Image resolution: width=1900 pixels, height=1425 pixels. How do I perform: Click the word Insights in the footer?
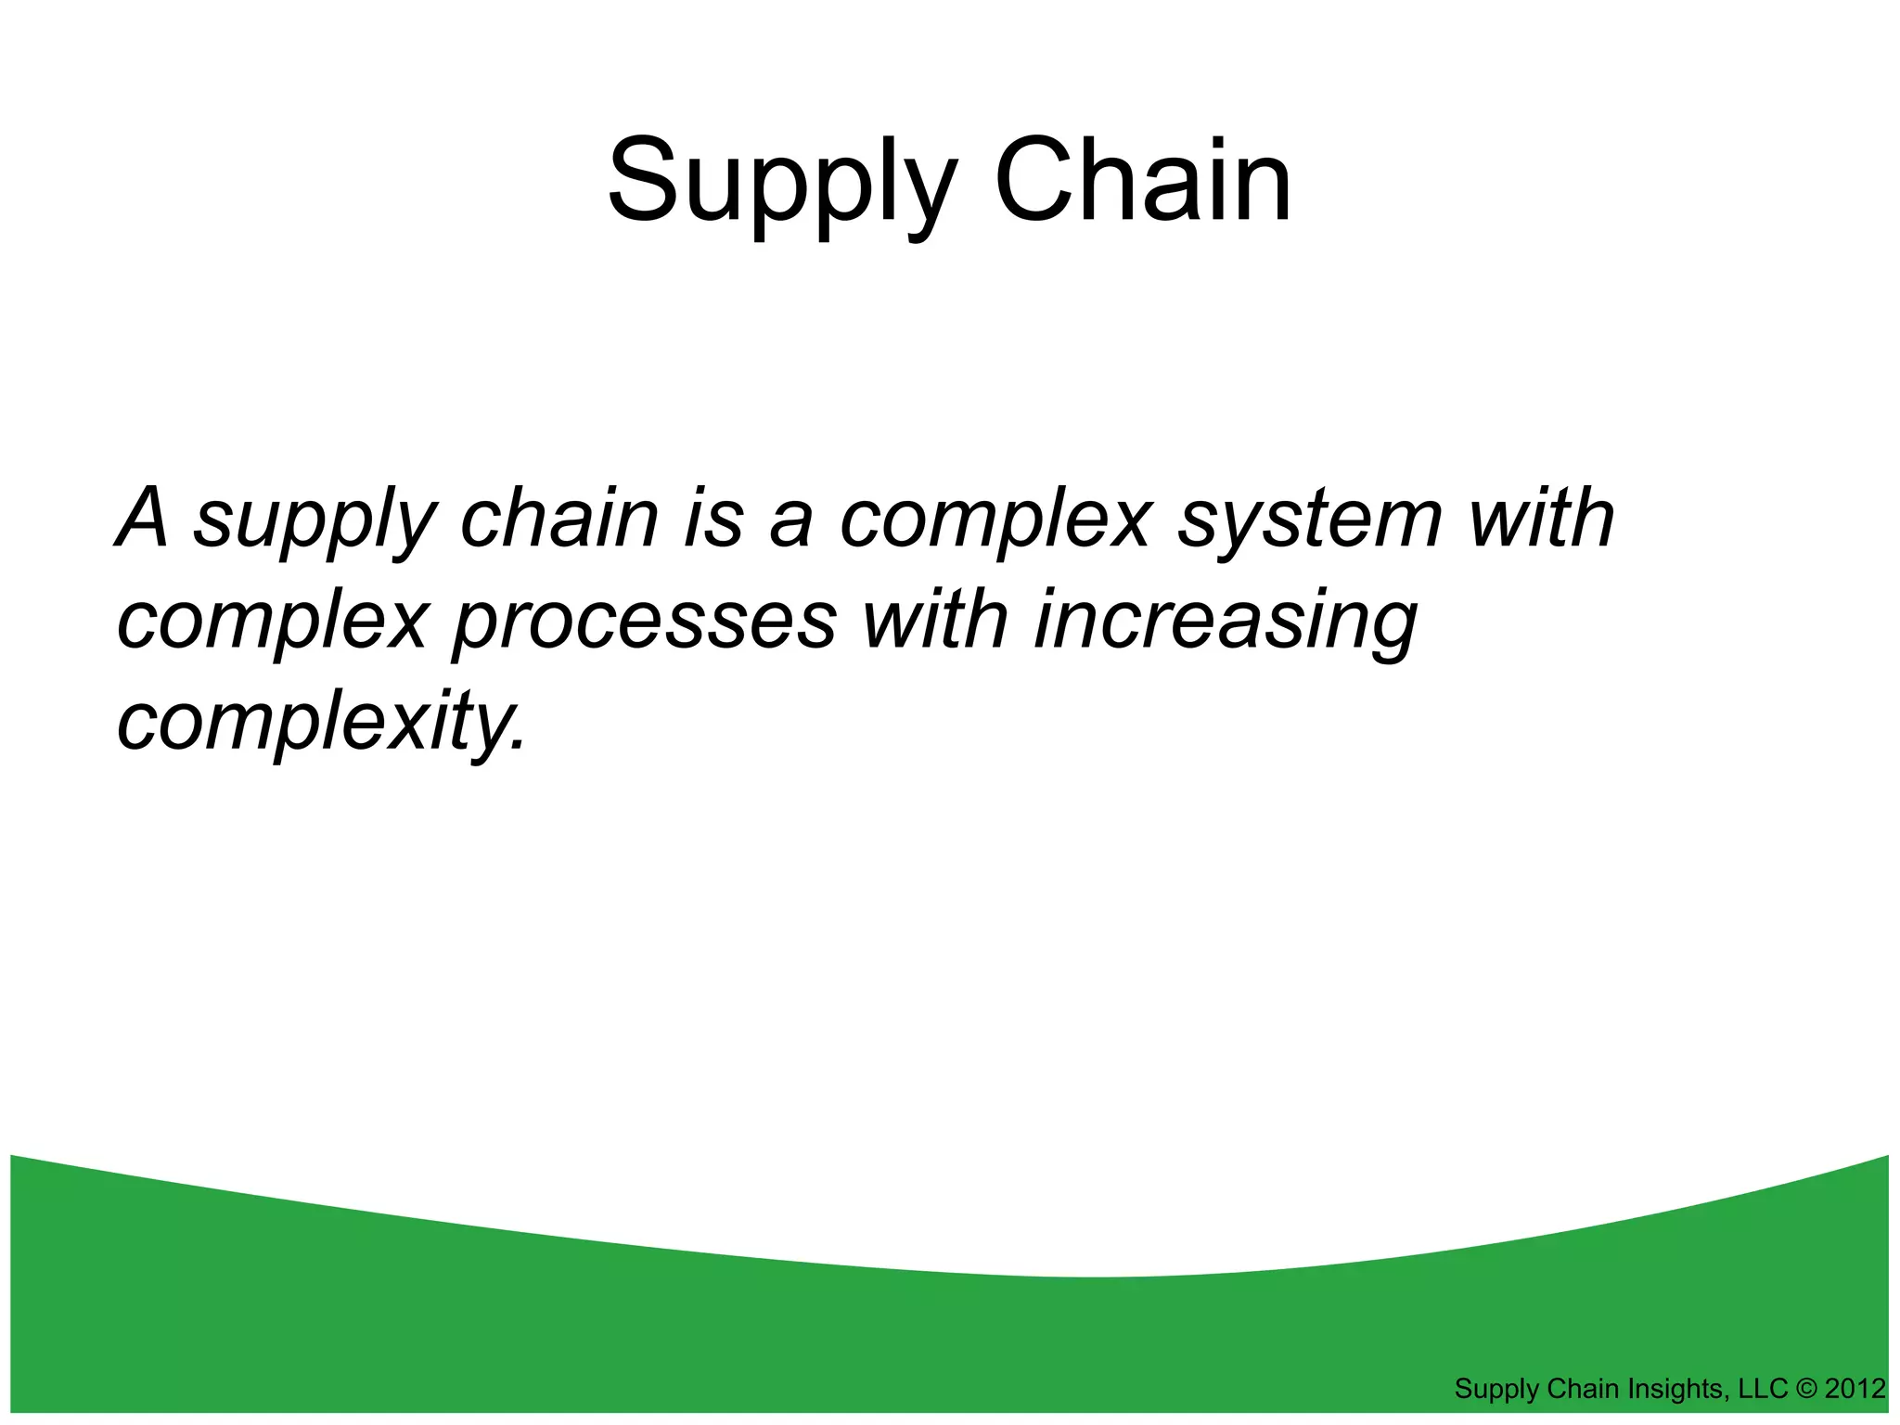[1671, 1389]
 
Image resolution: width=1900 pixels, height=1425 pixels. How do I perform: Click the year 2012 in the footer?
[1855, 1389]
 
